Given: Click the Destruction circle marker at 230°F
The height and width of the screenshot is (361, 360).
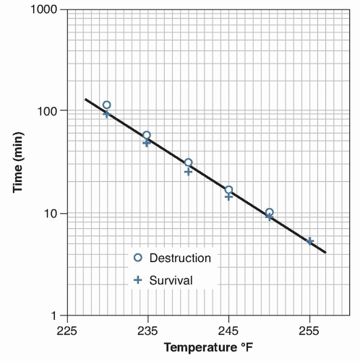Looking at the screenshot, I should pos(107,105).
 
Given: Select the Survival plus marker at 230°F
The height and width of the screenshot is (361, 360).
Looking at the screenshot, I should pos(107,113).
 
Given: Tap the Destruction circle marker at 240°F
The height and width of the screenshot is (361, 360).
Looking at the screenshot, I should pos(188,162).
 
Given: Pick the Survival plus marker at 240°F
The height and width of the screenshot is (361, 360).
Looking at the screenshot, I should pos(188,172).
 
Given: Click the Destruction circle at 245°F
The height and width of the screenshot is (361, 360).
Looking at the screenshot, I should pos(228,190).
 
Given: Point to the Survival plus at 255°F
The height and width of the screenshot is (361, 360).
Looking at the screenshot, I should pos(310,241).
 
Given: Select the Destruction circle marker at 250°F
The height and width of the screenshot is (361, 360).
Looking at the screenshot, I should pos(269,212).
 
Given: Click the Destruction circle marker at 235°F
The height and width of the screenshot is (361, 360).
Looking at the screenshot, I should pos(147,135).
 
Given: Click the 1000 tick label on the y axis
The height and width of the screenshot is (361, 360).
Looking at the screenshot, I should pos(44,10).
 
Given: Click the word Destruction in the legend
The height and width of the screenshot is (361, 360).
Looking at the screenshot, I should pos(180,258).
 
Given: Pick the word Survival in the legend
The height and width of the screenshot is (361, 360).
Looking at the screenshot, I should pos(171,280).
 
